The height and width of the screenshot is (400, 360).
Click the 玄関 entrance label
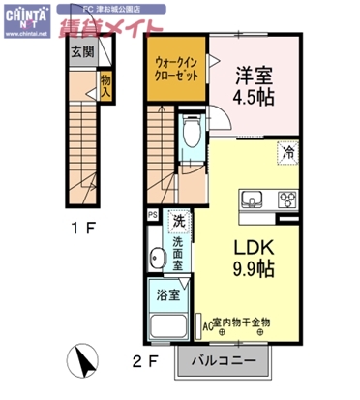(x=81, y=52)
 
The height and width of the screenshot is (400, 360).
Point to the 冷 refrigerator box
(x=288, y=151)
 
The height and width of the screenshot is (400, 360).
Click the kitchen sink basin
(x=255, y=200)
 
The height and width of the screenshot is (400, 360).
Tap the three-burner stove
(x=287, y=200)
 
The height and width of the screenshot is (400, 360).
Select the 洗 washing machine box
(x=178, y=222)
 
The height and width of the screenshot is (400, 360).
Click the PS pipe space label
(x=151, y=215)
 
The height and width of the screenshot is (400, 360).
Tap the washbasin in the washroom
(x=157, y=258)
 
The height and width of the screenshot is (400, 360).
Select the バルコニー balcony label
(x=223, y=358)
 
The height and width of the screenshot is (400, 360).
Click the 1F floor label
(x=85, y=231)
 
